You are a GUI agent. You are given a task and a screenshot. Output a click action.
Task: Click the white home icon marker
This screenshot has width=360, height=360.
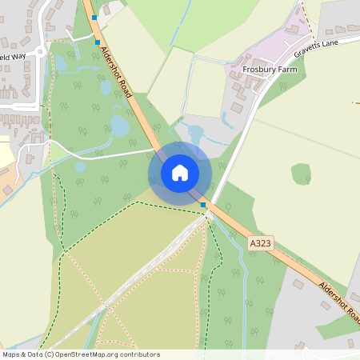[x=180, y=173]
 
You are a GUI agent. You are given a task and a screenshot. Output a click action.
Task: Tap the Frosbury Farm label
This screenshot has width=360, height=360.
[x=270, y=70]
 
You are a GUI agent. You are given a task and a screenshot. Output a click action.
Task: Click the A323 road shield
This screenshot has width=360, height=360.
[x=259, y=242]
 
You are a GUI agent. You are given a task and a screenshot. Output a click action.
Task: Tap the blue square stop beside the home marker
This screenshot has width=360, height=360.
[x=203, y=205]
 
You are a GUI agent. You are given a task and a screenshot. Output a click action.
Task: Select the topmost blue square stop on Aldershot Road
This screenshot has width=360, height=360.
[x=94, y=17]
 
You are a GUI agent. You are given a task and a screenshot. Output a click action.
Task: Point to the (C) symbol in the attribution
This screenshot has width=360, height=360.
[x=49, y=354]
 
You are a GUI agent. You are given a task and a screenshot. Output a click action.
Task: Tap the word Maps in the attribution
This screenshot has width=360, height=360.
[x=11, y=354]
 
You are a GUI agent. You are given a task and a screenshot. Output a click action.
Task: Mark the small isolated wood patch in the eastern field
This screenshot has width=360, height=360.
[x=301, y=174]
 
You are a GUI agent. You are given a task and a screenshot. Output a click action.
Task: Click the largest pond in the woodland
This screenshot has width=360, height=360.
[x=119, y=126]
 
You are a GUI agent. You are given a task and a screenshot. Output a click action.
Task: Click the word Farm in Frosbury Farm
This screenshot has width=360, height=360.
[x=285, y=70]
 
